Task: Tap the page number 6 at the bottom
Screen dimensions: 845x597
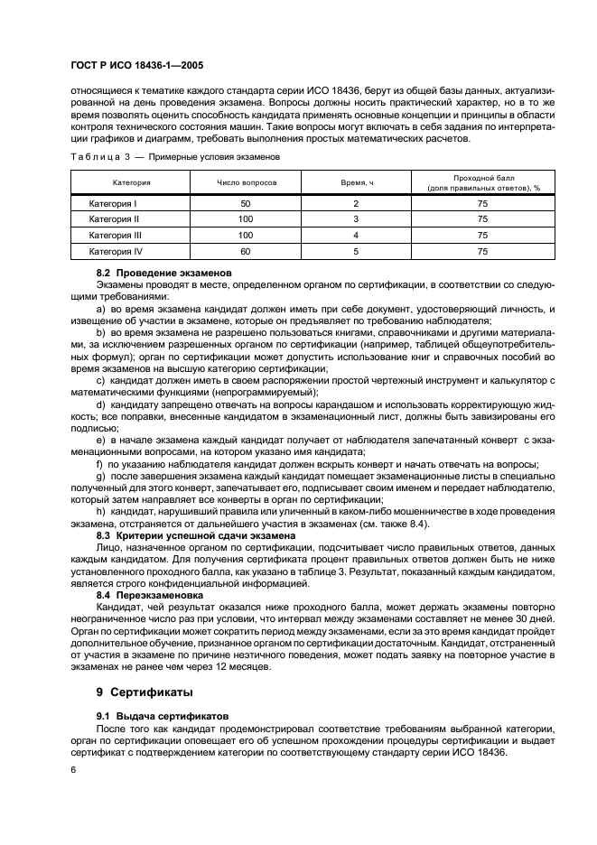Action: [x=72, y=769]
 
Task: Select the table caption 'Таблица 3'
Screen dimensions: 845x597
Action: [x=95, y=156]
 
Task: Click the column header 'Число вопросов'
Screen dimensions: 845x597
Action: [x=246, y=182]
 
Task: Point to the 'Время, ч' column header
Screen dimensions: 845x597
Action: [x=356, y=182]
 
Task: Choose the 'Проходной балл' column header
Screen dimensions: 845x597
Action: [x=482, y=182]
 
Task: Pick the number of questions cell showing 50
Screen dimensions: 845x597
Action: [x=246, y=204]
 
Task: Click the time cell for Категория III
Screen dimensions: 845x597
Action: [x=356, y=235]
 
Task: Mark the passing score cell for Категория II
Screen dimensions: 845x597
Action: [x=482, y=219]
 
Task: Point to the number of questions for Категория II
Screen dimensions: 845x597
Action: [x=246, y=219]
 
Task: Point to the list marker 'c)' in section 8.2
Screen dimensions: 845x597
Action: [x=99, y=383]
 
